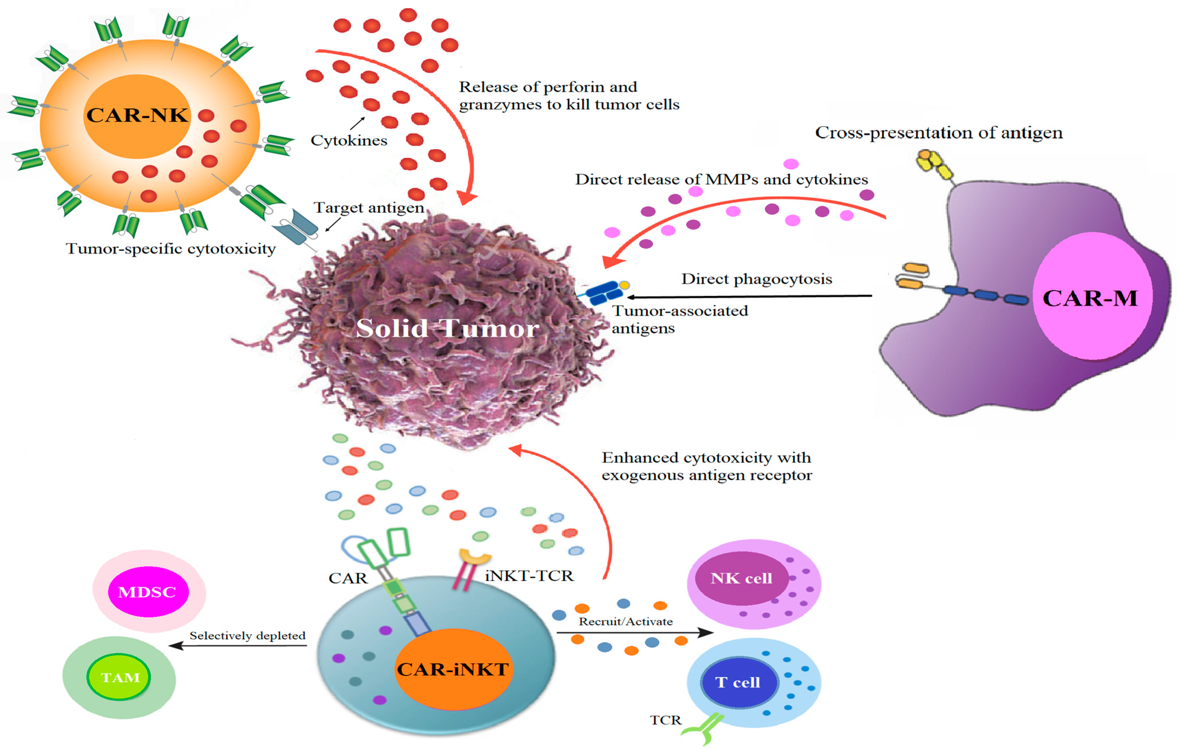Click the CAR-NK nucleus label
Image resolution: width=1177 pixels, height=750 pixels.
pyautogui.click(x=137, y=115)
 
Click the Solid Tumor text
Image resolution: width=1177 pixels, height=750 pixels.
pyautogui.click(x=447, y=328)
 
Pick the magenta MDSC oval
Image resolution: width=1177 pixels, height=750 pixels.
pyautogui.click(x=148, y=592)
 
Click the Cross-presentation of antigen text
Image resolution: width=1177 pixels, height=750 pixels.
pyautogui.click(x=938, y=133)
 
